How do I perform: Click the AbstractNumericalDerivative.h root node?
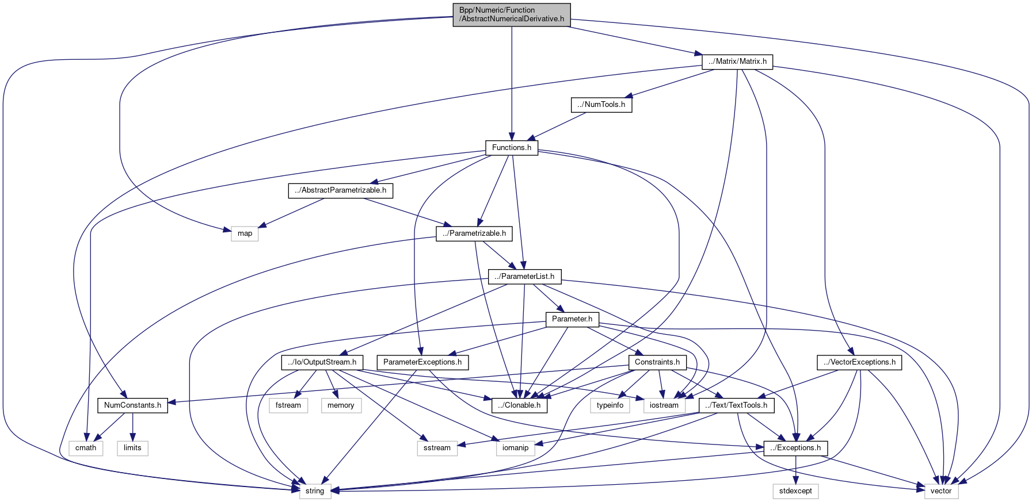[511, 14]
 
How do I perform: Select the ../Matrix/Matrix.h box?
[737, 62]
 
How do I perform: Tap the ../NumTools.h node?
[601, 105]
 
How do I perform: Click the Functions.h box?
[511, 148]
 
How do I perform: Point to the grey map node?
[245, 233]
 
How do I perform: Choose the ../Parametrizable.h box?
[474, 233]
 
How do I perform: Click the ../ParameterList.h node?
[524, 277]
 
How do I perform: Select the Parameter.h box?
[572, 319]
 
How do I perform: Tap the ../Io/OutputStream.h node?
[322, 362]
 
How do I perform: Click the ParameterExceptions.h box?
[422, 362]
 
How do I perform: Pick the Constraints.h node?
[657, 362]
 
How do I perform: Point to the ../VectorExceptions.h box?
[859, 362]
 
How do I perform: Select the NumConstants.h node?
[132, 405]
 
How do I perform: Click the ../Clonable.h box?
[519, 405]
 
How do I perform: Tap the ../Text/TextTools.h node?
[736, 405]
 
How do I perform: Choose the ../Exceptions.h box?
[795, 448]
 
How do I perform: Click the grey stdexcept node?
[795, 491]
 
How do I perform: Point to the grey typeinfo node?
[610, 405]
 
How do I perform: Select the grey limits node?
[132, 448]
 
